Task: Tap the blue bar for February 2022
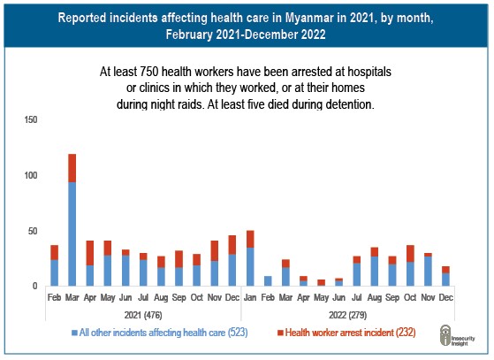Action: click(x=268, y=281)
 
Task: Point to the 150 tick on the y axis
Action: click(x=31, y=119)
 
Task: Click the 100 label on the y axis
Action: click(x=31, y=175)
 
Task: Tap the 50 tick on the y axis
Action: click(x=33, y=231)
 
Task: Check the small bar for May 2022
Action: click(x=321, y=283)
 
